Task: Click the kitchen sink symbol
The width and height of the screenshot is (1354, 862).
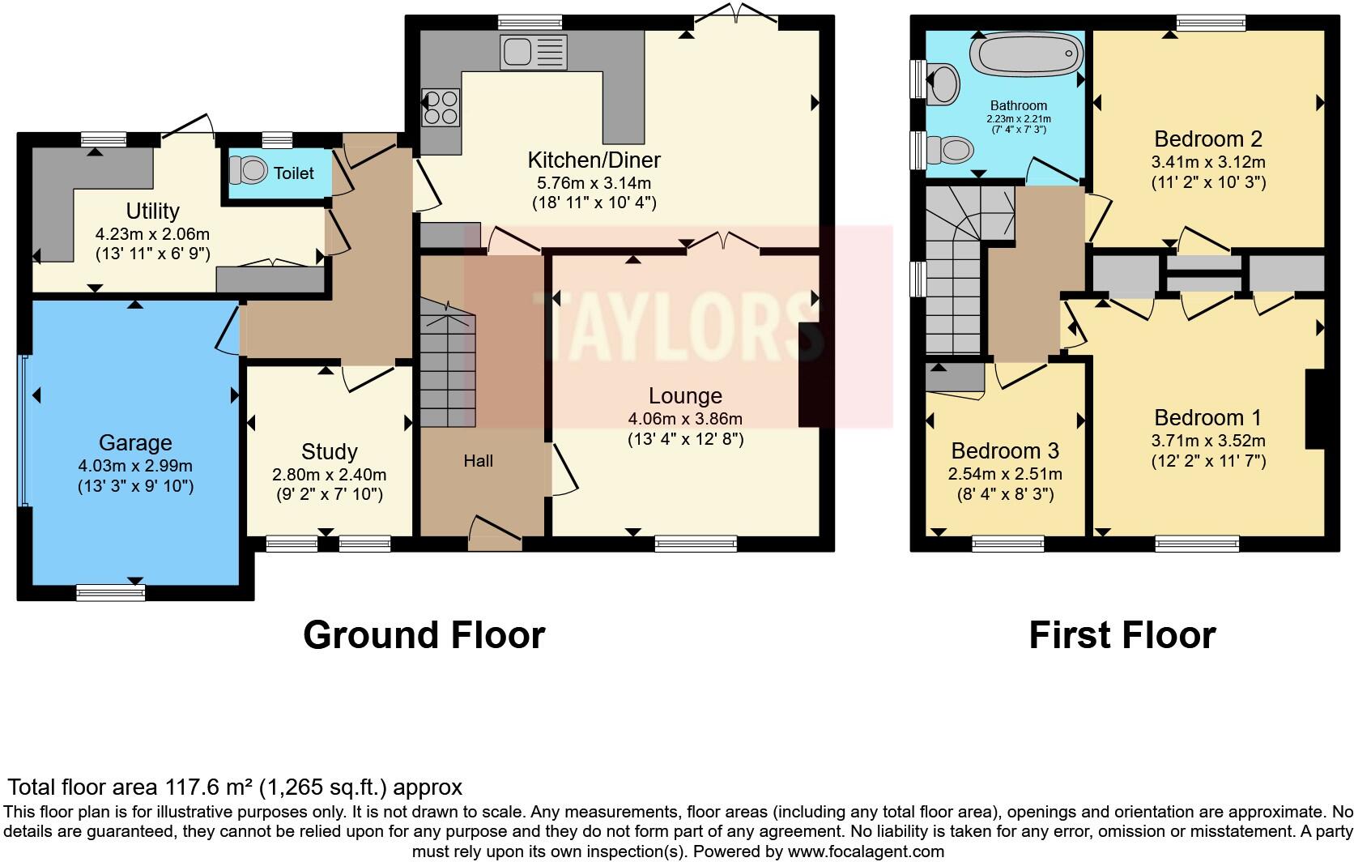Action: tap(533, 53)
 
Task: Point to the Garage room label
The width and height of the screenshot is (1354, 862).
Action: tap(135, 443)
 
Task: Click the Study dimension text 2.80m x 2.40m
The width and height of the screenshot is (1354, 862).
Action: tap(329, 475)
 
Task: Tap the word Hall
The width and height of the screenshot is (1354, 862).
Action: tap(478, 461)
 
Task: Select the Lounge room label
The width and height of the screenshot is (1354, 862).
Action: tap(685, 396)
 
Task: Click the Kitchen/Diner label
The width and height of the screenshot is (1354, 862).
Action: tap(594, 160)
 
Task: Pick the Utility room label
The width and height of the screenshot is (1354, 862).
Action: tap(152, 211)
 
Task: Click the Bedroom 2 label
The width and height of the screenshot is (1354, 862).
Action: tap(1207, 139)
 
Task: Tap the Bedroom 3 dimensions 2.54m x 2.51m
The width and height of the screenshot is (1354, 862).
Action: tap(1005, 474)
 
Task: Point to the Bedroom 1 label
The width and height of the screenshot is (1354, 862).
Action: tap(1207, 418)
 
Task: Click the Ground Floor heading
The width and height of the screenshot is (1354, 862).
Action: tap(424, 635)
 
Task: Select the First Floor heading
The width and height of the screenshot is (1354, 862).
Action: tap(1122, 635)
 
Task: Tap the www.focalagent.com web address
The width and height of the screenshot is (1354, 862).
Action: tap(866, 851)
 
